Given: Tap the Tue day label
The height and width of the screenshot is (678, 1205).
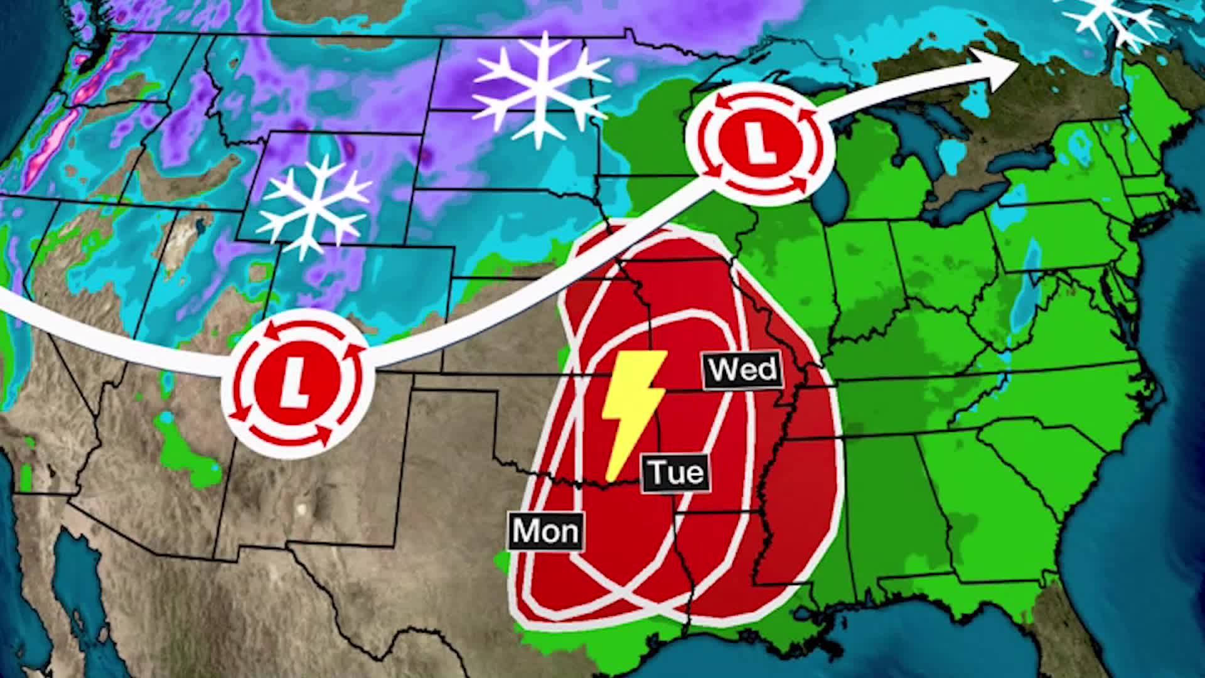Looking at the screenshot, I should [x=675, y=472].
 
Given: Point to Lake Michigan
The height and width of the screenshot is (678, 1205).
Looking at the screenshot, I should [x=838, y=188].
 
